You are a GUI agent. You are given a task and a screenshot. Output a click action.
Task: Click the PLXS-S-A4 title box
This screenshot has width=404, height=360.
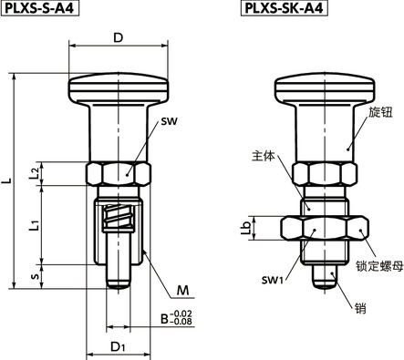point(40,8)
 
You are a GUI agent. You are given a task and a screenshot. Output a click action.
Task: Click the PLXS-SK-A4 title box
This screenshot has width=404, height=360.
point(285,8)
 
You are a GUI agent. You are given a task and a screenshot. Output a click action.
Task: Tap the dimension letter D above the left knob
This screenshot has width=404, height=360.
point(118,37)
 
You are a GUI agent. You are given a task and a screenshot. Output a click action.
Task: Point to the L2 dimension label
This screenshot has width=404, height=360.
point(35,173)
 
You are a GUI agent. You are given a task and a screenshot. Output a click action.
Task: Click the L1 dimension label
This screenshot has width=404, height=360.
point(35,225)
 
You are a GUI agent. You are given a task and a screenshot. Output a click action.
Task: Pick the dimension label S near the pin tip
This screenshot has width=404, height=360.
point(36,276)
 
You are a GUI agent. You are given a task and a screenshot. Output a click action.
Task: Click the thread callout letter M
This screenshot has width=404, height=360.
point(182,291)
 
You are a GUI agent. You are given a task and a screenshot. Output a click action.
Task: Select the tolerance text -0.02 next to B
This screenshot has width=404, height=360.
point(181,314)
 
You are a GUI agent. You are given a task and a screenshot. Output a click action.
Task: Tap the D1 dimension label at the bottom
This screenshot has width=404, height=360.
point(118,346)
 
